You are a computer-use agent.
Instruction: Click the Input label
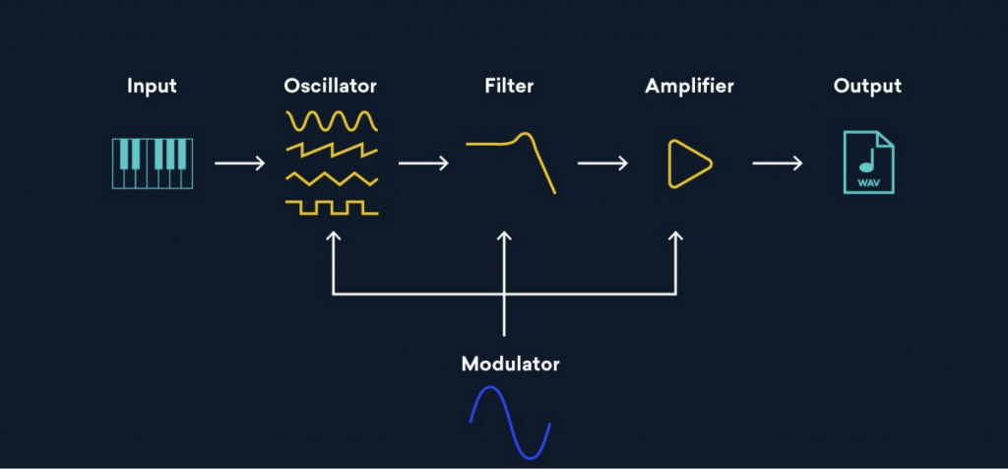pos(152,86)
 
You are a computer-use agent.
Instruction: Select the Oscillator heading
pos(330,86)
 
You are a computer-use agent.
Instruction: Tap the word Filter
pos(509,86)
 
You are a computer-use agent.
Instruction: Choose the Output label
pos(867,86)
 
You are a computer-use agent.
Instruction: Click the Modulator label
pos(510,364)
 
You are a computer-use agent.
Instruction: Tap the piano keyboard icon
pos(152,164)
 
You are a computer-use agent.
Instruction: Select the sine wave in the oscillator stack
pos(332,121)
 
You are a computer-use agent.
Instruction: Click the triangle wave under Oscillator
pos(332,178)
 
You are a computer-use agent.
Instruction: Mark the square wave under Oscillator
pos(332,207)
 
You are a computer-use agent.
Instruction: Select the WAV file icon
pos(868,164)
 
